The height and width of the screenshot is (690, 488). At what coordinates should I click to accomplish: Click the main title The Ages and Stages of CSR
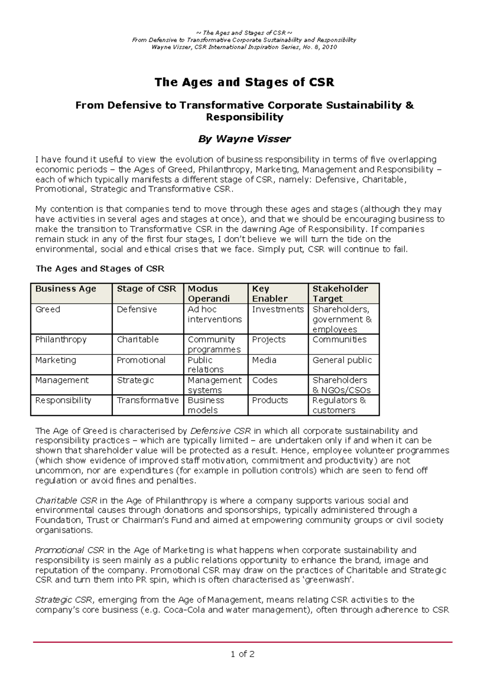244,82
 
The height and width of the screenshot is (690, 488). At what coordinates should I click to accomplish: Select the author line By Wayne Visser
244,139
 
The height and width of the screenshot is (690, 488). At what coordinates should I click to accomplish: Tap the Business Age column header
66,289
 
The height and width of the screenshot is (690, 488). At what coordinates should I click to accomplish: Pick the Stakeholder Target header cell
340,293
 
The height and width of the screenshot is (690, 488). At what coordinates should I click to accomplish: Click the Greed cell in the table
48,310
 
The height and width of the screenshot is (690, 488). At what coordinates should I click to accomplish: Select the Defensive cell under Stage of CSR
137,310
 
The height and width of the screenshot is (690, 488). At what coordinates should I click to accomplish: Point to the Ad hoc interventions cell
214,315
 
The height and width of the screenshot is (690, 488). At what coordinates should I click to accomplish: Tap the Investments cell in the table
278,310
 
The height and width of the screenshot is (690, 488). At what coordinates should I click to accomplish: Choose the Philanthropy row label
61,340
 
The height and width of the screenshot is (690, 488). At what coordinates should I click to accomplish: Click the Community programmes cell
214,344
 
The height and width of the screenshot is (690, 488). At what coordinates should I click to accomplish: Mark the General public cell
342,360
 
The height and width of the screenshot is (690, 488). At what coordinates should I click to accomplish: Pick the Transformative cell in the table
148,400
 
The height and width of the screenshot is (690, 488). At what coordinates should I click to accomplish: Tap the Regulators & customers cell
339,405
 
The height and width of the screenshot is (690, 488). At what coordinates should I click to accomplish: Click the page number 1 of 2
242,654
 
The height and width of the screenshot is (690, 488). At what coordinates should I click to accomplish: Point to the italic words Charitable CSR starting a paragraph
66,501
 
